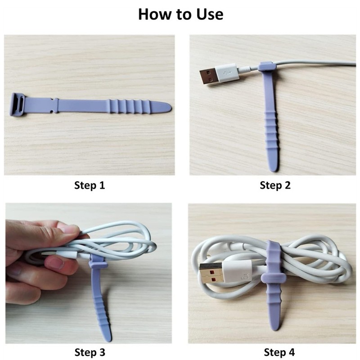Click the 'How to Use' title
click(x=180, y=14)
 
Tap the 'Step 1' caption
click(x=90, y=185)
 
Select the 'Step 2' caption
click(x=275, y=185)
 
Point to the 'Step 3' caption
click(x=90, y=352)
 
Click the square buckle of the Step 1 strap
click(x=18, y=104)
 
